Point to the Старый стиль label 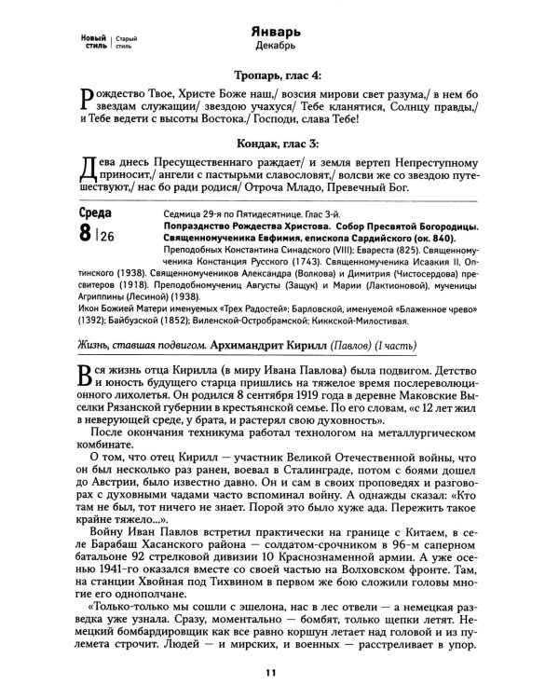click(129, 38)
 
